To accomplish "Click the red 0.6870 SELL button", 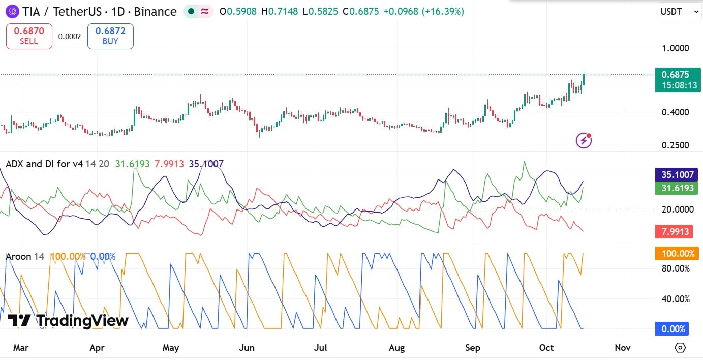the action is pos(29,36).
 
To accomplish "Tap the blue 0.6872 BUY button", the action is pos(110,36).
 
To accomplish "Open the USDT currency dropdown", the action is pos(680,12).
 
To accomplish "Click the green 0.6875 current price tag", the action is pos(678,80).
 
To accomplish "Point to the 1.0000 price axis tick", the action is pos(676,48).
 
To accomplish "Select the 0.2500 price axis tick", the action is pos(676,145).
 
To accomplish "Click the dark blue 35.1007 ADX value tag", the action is pos(677,174).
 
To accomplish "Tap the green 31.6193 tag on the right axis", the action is pos(677,188).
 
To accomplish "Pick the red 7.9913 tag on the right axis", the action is pos(674,232).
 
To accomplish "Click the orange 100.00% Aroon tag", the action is pos(677,254).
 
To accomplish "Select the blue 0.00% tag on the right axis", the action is pos(672,328).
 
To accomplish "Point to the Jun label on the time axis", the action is pos(247,348).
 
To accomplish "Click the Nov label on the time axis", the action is pos(623,348).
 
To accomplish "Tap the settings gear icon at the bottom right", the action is pos(680,348).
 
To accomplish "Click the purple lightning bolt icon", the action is pos(584,140).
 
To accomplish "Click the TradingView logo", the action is pos(68,320).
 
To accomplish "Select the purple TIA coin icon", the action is pos(12,12).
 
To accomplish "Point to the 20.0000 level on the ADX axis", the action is pos(678,209).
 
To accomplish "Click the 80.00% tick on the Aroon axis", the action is pos(676,268).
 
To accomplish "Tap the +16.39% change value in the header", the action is pos(443,12).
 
